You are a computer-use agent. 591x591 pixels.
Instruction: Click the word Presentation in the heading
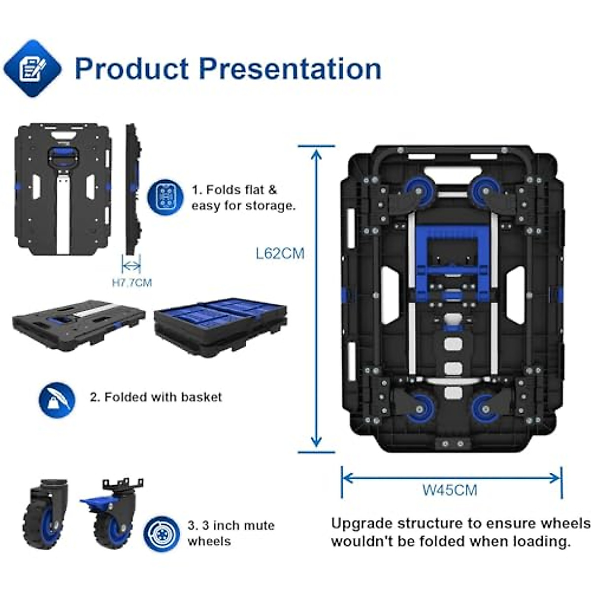click(x=290, y=68)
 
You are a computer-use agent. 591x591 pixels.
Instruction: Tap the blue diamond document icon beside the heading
click(x=33, y=68)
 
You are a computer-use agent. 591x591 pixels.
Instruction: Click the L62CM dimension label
click(x=280, y=254)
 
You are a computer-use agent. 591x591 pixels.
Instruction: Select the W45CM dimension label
click(x=450, y=490)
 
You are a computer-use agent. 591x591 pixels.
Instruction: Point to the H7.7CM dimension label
click(x=132, y=283)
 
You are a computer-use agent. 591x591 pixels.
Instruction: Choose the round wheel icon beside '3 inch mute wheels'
click(x=161, y=534)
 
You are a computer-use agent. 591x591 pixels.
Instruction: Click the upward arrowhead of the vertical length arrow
click(x=317, y=154)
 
